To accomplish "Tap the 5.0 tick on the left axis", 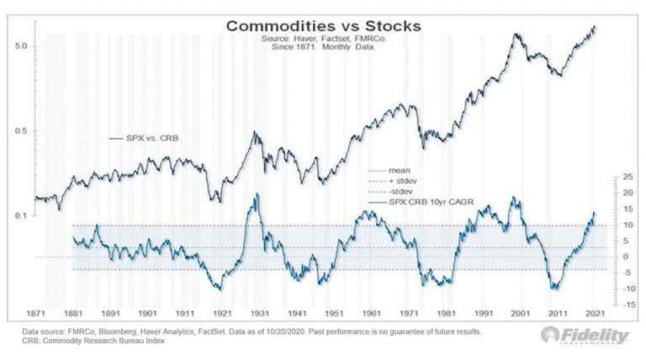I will pyautogui.click(x=22, y=47).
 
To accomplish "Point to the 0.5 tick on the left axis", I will pyautogui.click(x=22, y=131).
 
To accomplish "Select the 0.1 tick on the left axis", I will pyautogui.click(x=22, y=216).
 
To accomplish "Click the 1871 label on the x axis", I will pyautogui.click(x=45, y=313).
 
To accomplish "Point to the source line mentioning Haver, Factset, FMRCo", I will pyautogui.click(x=323, y=39).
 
